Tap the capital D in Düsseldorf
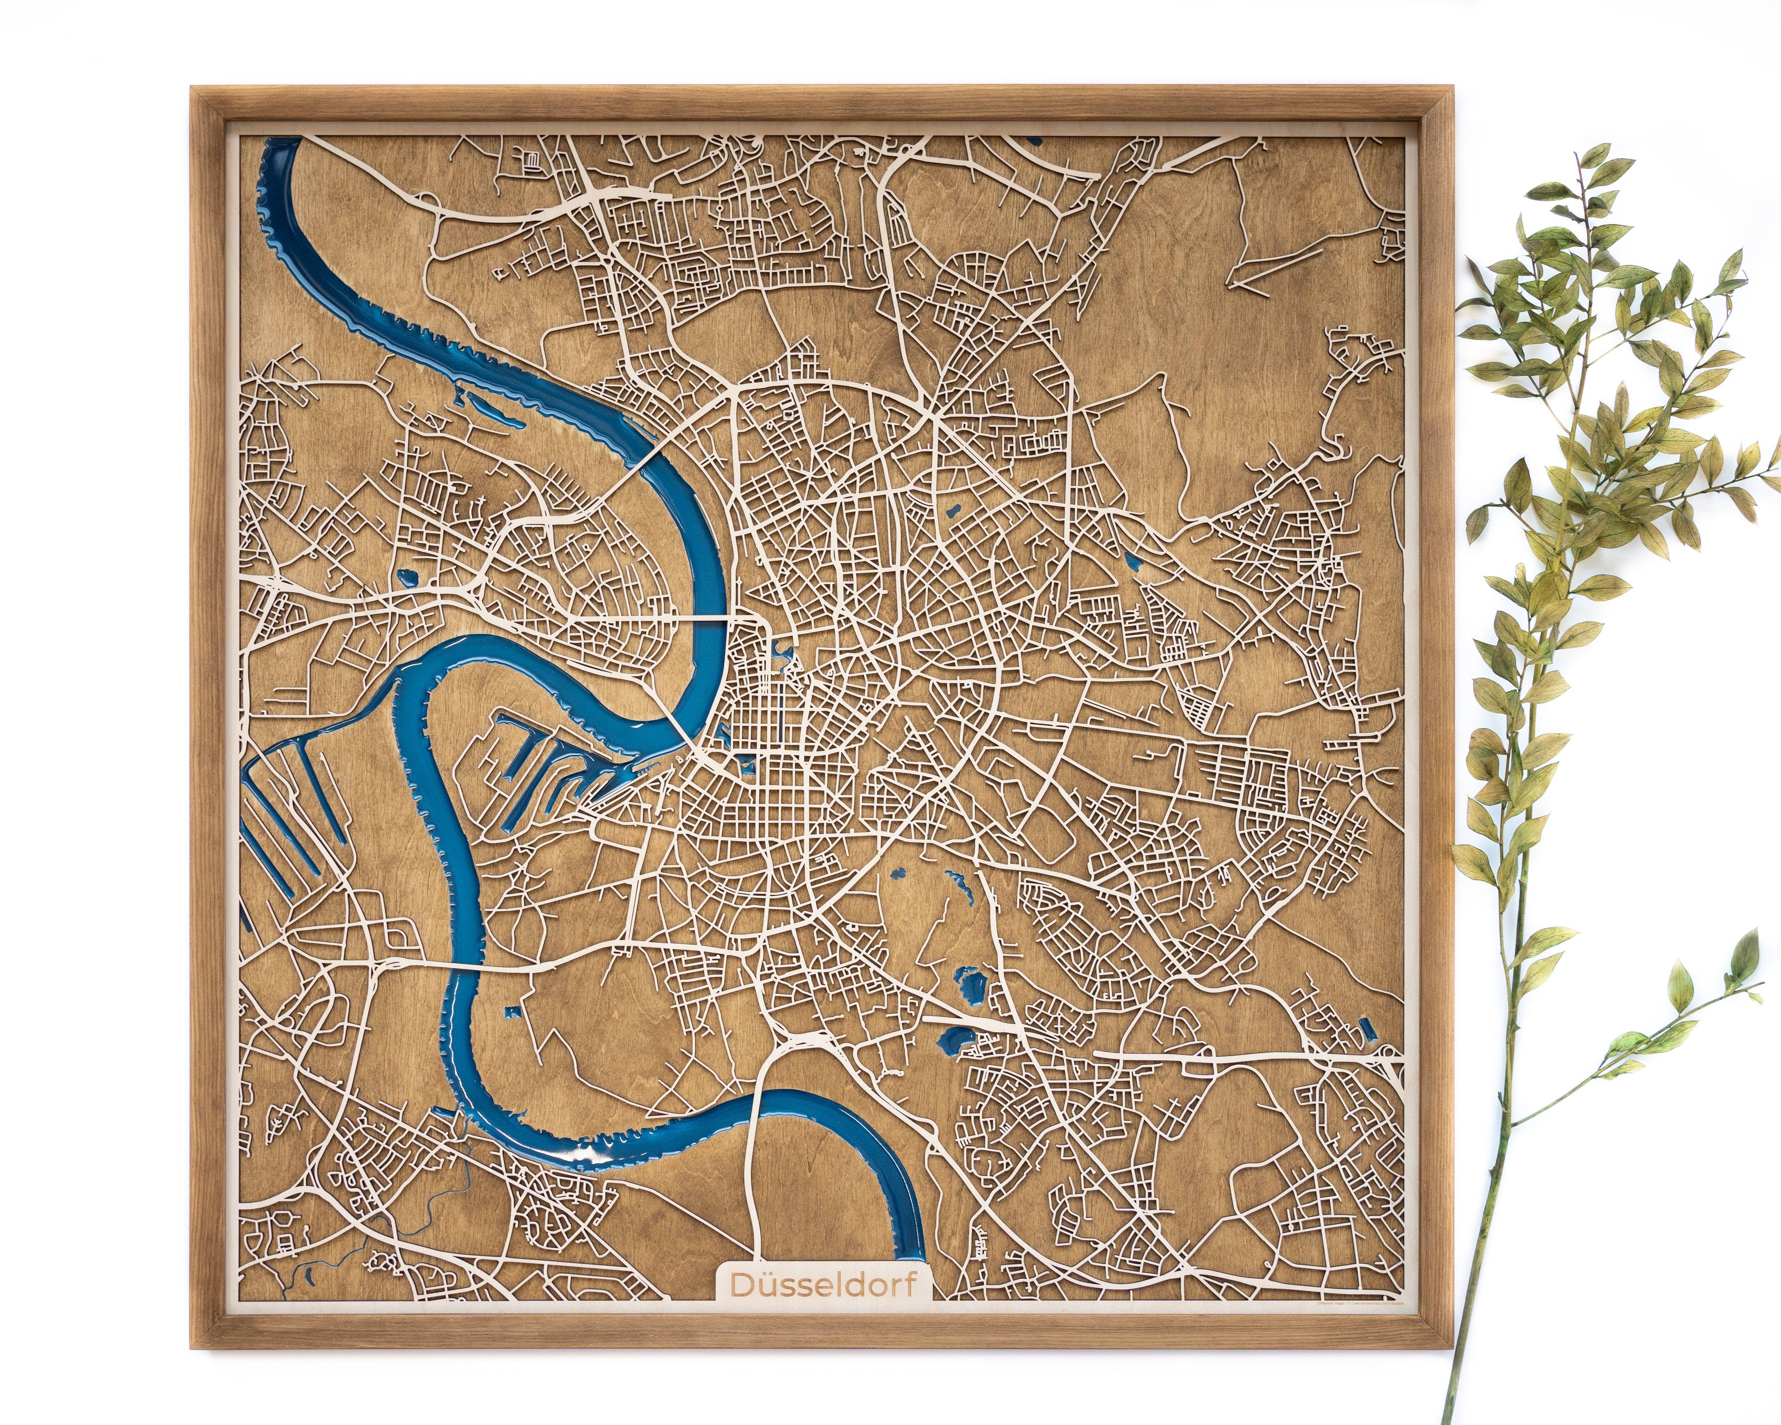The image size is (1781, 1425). coord(739,1308)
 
